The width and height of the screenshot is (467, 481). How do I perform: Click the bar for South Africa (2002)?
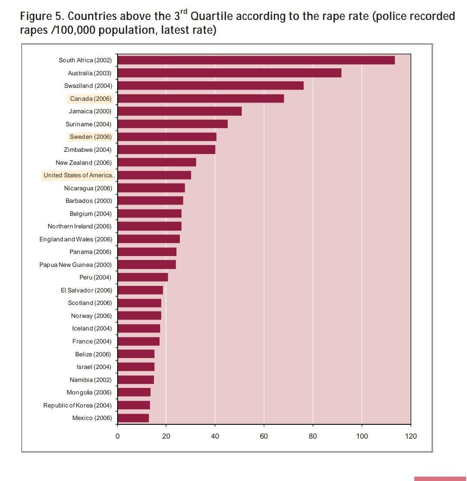coord(256,60)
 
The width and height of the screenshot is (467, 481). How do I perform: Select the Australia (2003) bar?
coord(229,73)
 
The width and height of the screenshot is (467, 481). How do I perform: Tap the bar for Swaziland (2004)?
coord(211,86)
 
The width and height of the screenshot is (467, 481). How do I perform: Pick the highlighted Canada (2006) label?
coord(90,99)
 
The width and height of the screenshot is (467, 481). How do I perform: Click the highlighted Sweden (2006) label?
coord(90,137)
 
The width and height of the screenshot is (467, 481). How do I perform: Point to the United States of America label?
coord(79,175)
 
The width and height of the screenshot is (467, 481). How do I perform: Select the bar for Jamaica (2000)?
coord(179,111)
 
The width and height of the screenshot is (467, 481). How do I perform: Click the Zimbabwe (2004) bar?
coord(166,150)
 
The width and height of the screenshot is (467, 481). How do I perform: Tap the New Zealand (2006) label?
coord(83,163)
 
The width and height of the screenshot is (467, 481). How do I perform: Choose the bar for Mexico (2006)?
coord(133,418)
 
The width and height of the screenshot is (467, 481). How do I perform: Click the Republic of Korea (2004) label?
coord(77,405)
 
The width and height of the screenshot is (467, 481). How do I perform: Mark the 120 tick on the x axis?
coord(411,436)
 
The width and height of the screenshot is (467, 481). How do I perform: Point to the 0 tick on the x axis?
coord(118,436)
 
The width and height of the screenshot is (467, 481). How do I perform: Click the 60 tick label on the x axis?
coord(264,436)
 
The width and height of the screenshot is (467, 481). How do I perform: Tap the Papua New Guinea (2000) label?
coord(75,265)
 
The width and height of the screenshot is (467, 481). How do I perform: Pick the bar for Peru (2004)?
coord(143,277)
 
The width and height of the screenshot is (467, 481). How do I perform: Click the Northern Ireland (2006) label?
coord(80,226)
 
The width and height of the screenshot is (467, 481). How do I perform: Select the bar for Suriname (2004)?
coord(173,124)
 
